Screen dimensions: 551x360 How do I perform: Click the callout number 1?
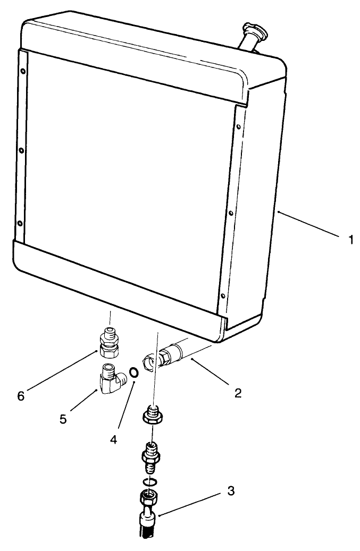[350, 240]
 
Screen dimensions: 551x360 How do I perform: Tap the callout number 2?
[238, 393]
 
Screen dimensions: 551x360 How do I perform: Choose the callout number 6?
[22, 395]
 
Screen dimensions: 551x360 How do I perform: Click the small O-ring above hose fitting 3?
[150, 481]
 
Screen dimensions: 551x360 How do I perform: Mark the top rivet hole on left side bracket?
[22, 71]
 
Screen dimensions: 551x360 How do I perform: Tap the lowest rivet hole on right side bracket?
[223, 295]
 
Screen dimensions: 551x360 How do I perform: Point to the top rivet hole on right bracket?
[238, 127]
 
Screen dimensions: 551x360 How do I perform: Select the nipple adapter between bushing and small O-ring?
[151, 456]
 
